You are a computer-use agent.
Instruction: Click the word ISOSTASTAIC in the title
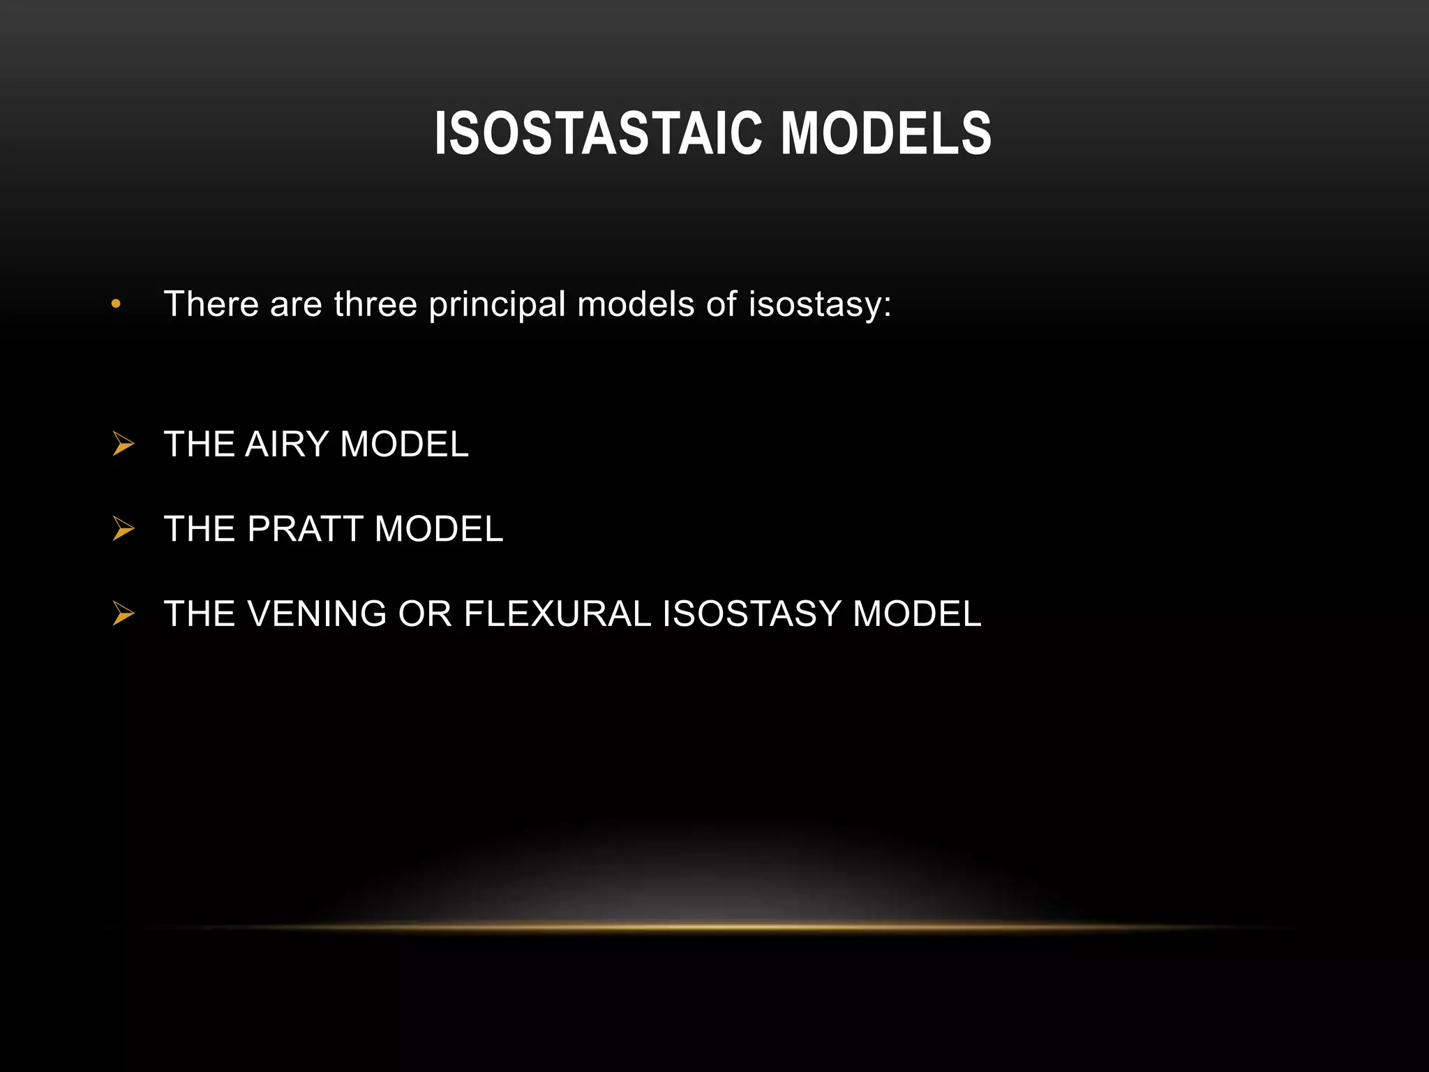point(598,133)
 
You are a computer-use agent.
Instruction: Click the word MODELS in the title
point(885,133)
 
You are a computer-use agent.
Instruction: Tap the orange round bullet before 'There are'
point(116,304)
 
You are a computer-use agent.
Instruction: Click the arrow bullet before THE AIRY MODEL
point(124,444)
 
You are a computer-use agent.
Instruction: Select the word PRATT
point(305,529)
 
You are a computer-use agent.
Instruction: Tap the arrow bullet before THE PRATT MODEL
point(124,529)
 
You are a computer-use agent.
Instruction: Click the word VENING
point(317,614)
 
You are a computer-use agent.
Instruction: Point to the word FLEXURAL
point(557,614)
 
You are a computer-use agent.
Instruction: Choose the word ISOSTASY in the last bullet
point(751,614)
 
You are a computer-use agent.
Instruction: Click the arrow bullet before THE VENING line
point(124,614)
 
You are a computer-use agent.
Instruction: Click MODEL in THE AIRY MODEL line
point(404,445)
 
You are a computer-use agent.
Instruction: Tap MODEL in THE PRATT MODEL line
point(438,529)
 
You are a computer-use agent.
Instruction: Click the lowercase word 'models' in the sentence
point(636,304)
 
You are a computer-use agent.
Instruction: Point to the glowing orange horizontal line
point(714,927)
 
